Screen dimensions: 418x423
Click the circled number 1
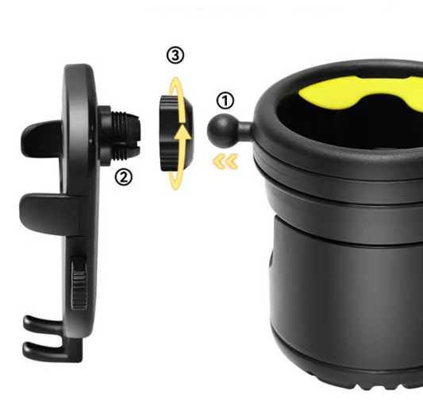[x=226, y=101]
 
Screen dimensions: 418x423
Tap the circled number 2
[x=123, y=176]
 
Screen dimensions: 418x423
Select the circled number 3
[x=175, y=56]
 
